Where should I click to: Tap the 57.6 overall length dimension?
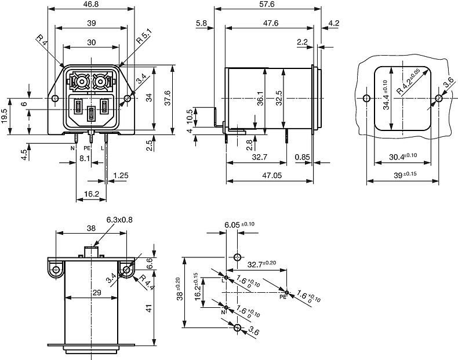pyautogui.click(x=267, y=4)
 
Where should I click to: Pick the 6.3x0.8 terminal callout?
pyautogui.click(x=119, y=220)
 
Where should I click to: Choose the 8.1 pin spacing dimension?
pyautogui.click(x=84, y=158)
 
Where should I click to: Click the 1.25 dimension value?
pyautogui.click(x=121, y=175)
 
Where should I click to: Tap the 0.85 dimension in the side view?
pyautogui.click(x=301, y=157)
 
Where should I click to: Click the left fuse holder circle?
pyautogui.click(x=80, y=82)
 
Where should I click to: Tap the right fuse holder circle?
pyautogui.click(x=101, y=82)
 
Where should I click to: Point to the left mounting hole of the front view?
pyautogui.click(x=55, y=99)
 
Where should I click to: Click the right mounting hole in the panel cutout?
pyautogui.click(x=438, y=98)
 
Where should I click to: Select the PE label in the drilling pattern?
pyautogui.click(x=283, y=297)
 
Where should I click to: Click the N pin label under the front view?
pyautogui.click(x=72, y=148)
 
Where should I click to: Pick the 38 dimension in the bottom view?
pyautogui.click(x=91, y=228)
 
